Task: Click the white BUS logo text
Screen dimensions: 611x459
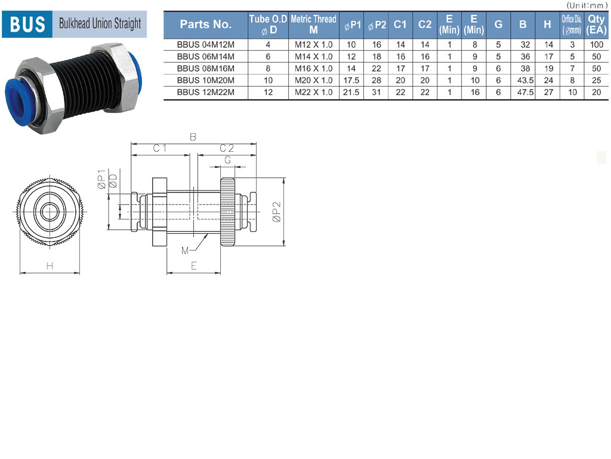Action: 27,24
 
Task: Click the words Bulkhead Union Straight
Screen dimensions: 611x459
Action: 100,23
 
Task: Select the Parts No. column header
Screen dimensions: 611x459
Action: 206,24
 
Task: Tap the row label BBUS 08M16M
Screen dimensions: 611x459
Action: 206,68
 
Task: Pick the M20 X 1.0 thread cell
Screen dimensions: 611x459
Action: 314,81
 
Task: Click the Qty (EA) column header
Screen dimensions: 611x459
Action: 596,25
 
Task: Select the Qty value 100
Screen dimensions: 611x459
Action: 597,44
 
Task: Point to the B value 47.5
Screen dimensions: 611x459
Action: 525,93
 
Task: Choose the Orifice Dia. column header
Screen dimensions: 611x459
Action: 572,25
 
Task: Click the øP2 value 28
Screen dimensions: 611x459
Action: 377,81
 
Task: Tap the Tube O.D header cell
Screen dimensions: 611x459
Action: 268,25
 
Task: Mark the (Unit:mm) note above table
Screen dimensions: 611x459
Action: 587,5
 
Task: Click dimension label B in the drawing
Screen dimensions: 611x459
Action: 193,137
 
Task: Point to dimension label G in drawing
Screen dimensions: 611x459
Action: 227,160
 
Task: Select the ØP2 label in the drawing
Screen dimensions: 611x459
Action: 276,212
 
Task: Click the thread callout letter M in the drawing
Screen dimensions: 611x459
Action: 185,250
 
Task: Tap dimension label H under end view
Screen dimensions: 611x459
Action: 50,266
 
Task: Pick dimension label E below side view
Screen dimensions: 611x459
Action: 194,266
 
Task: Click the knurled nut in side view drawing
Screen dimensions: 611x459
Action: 227,212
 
